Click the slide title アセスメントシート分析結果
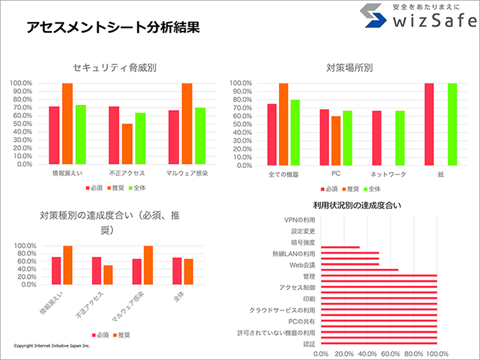click(113, 27)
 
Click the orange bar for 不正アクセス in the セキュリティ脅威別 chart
click(127, 144)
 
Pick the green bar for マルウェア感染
click(200, 136)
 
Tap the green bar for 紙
click(453, 124)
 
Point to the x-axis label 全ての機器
click(283, 175)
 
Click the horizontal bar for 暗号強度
click(340, 248)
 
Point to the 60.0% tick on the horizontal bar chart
click(390, 354)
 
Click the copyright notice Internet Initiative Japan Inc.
click(51, 346)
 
